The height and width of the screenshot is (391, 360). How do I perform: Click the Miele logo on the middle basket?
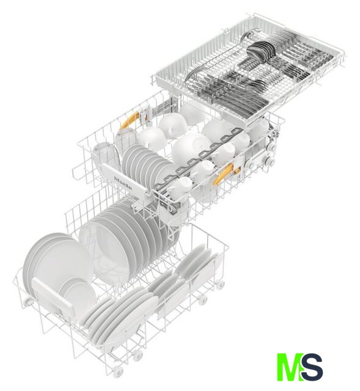(123, 183)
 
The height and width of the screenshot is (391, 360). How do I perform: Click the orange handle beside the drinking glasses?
(130, 120)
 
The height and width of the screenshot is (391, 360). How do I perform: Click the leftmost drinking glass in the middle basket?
(104, 157)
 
